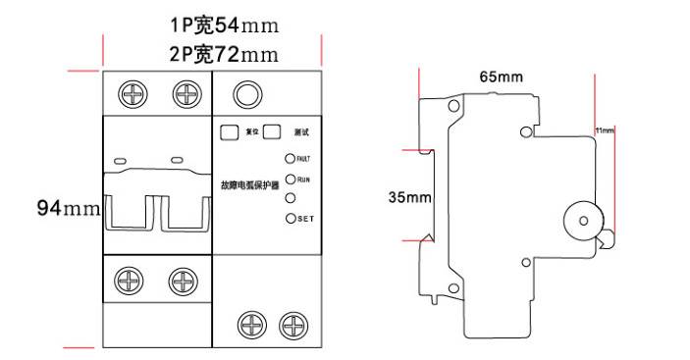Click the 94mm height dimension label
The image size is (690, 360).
click(x=68, y=208)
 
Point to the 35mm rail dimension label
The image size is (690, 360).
click(x=409, y=197)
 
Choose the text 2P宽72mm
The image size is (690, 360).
click(x=212, y=52)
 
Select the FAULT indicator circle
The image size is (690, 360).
click(x=291, y=158)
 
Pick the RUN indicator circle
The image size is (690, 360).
click(x=291, y=180)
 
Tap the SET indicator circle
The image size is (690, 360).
click(x=291, y=218)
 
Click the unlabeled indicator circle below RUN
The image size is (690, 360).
click(x=291, y=199)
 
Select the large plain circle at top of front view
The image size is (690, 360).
click(x=246, y=94)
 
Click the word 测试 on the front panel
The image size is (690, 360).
click(x=301, y=131)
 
